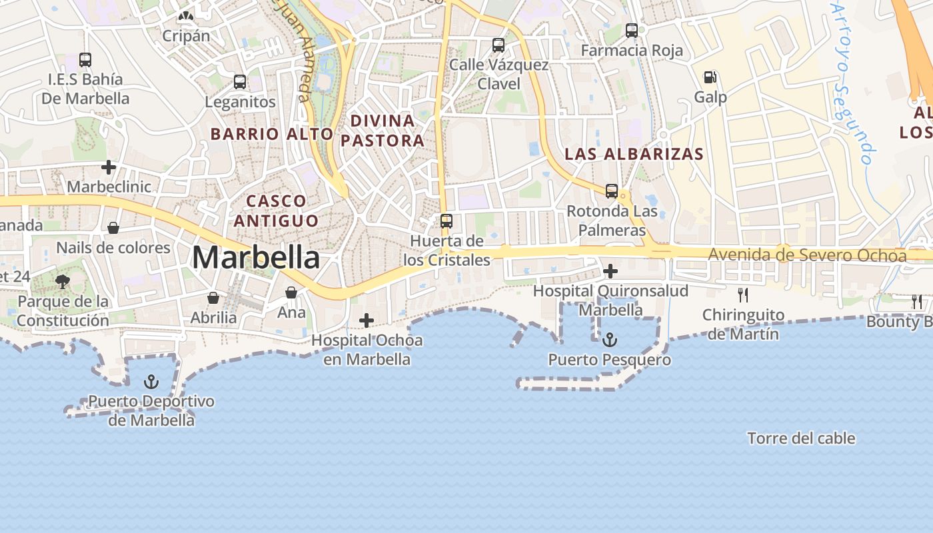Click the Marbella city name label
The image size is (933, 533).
(x=256, y=258)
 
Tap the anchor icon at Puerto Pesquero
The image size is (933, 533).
(x=609, y=340)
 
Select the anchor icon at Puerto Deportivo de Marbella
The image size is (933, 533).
(x=151, y=382)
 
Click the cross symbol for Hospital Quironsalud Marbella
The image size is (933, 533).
(x=610, y=271)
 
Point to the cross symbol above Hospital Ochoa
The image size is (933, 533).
(x=366, y=320)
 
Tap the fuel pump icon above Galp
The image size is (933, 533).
(x=710, y=77)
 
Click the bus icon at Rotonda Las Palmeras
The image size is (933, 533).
(x=611, y=191)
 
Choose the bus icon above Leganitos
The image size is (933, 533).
(x=239, y=82)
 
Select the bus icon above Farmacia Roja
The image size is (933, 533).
(x=631, y=30)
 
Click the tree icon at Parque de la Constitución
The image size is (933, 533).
(x=63, y=281)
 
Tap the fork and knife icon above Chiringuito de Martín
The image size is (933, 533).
(x=742, y=294)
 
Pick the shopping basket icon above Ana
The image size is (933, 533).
(x=291, y=292)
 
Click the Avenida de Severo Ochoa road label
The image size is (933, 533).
(x=806, y=255)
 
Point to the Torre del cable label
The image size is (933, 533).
(x=801, y=438)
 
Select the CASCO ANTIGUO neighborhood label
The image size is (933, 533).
(x=276, y=210)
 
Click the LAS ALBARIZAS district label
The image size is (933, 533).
(x=633, y=154)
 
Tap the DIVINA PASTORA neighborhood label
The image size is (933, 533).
(x=383, y=131)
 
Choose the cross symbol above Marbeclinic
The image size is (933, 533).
(x=109, y=167)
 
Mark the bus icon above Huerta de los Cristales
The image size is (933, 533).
(x=446, y=221)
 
